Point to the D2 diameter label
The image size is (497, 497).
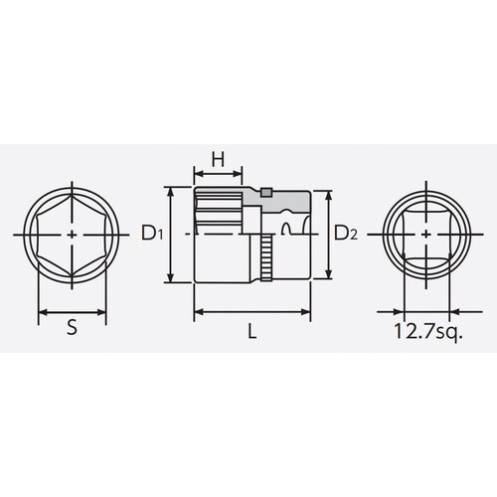[344, 235]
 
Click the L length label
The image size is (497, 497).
[253, 335]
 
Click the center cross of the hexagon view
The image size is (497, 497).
[76, 235]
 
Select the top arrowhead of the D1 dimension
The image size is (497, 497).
[173, 188]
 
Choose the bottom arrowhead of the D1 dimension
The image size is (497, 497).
[173, 281]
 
